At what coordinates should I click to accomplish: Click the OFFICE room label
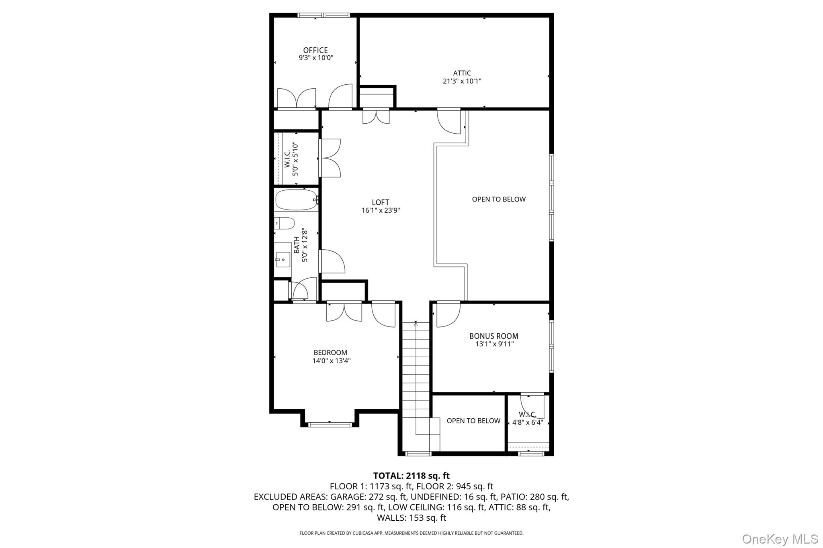[x=315, y=50]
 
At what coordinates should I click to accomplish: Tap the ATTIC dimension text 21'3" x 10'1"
[x=462, y=81]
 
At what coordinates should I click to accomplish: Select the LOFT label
[x=380, y=202]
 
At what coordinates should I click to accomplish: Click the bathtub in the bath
[x=297, y=200]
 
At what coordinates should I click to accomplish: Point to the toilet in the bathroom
[x=285, y=223]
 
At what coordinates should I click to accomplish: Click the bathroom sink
[x=283, y=257]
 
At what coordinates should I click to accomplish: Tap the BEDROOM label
[x=330, y=352]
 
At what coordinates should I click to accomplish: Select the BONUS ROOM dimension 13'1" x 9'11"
[x=493, y=344]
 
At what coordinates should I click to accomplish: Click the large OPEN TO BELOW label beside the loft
[x=498, y=199]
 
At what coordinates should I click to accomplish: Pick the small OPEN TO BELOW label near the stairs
[x=473, y=421]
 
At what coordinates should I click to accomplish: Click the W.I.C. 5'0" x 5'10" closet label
[x=291, y=159]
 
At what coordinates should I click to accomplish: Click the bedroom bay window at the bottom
[x=330, y=424]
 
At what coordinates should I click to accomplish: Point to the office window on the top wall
[x=323, y=16]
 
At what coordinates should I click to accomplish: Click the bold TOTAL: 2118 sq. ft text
[x=411, y=476]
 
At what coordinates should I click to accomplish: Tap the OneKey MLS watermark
[x=780, y=539]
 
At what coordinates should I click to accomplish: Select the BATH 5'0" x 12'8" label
[x=300, y=245]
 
